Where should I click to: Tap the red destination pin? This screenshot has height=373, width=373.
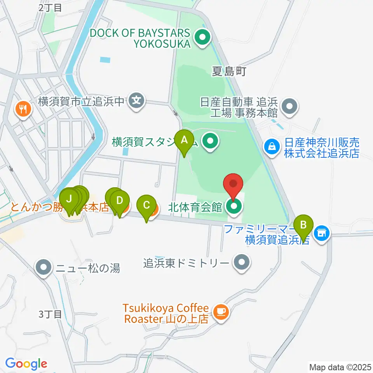point(234,184)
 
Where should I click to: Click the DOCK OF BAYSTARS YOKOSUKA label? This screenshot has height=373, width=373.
point(140,38)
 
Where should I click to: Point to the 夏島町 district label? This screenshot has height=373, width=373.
point(229,71)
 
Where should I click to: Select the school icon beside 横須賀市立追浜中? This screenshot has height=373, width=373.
point(136,101)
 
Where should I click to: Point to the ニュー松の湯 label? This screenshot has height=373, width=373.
point(88,267)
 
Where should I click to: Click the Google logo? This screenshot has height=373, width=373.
point(26,364)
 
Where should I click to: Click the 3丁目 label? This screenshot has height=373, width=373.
point(51,314)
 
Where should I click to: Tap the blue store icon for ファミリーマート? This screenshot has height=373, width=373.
point(322,233)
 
